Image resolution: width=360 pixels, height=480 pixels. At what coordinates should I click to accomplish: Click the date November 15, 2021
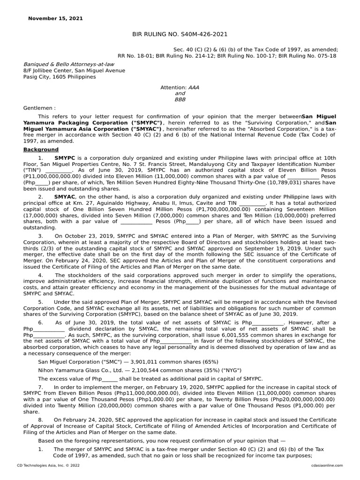[x=55, y=19]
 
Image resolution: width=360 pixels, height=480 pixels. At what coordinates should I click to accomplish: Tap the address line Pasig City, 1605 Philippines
[x=60, y=77]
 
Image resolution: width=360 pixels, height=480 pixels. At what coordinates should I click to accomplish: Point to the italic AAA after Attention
[x=193, y=87]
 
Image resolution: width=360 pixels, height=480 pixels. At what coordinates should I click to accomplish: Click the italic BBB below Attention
[x=180, y=99]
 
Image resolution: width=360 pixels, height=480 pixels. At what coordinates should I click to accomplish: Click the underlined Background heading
[x=41, y=150]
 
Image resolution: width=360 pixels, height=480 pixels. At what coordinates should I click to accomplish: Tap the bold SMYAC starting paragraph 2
[x=65, y=196]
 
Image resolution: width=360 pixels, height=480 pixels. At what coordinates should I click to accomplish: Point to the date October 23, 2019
[x=87, y=235]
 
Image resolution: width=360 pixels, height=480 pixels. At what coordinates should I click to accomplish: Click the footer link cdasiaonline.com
[x=326, y=465]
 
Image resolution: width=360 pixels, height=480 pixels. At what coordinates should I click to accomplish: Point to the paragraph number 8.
[x=40, y=419]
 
